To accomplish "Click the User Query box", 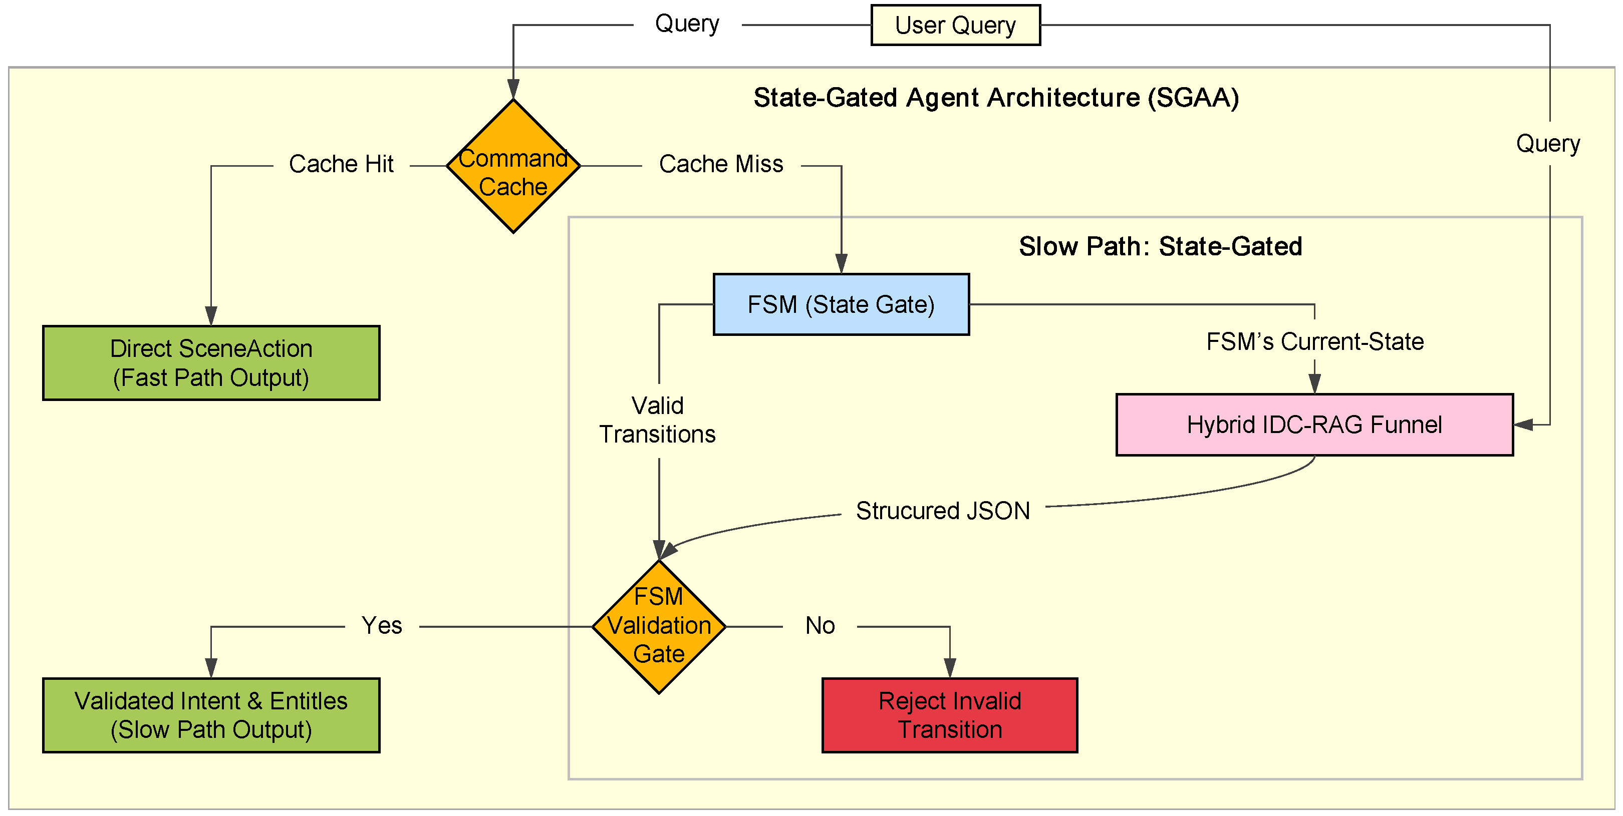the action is [x=955, y=25].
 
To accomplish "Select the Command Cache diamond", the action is [x=513, y=166].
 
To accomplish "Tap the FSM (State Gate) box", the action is [x=841, y=305].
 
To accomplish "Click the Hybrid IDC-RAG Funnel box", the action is [x=1314, y=425].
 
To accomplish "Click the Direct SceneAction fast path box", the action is [x=211, y=363].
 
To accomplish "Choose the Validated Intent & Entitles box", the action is [x=211, y=715].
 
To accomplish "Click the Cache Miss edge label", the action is [x=721, y=164].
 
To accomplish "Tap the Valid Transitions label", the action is [x=658, y=420].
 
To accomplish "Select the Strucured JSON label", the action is [x=943, y=511].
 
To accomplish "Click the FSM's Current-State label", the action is [x=1315, y=342].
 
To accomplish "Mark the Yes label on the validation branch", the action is [x=382, y=626].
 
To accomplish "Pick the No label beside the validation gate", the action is [x=821, y=626].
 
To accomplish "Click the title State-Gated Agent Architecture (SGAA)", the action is [x=997, y=98].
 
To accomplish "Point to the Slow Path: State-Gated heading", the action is [x=1161, y=247].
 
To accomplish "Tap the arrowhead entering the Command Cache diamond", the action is [x=513, y=90].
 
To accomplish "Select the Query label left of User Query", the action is [x=687, y=25].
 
